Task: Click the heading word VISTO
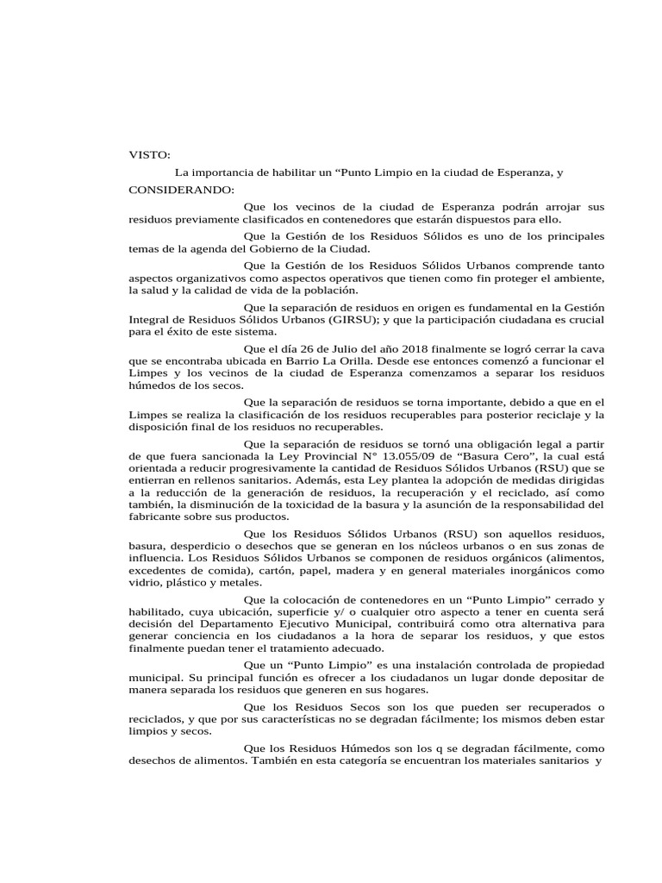[x=149, y=155]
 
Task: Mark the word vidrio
[x=143, y=582]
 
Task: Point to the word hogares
[x=409, y=691]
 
